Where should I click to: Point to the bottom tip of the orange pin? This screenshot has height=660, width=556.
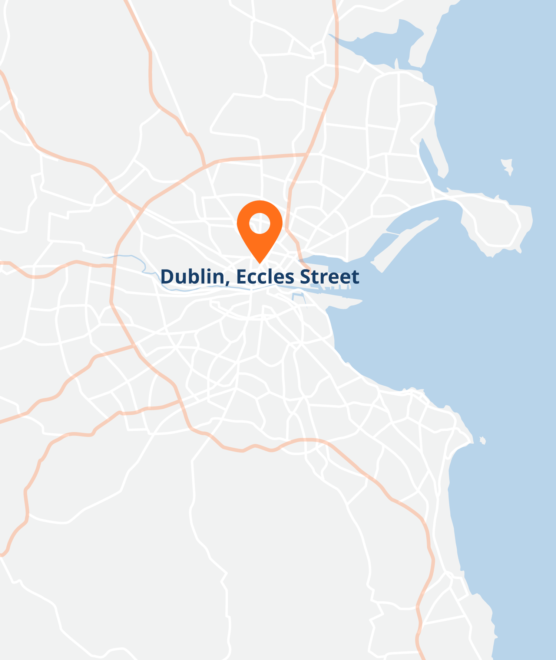pos(260,263)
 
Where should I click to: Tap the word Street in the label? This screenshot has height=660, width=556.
pos(329,277)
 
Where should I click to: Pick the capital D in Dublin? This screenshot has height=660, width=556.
pos(167,277)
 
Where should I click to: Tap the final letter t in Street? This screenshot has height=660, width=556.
pos(355,277)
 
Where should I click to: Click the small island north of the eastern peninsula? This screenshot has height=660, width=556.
pos(507,166)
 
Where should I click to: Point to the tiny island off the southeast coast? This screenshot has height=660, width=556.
pos(483,441)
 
